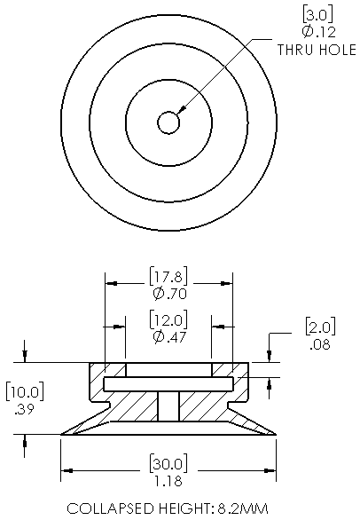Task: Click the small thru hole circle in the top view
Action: (x=168, y=122)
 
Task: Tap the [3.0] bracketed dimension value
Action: (x=317, y=15)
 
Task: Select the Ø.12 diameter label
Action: (x=319, y=32)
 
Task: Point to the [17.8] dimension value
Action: (x=168, y=276)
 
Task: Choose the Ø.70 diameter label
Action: (x=170, y=294)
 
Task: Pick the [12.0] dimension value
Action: (x=168, y=319)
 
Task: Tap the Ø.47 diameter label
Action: (x=170, y=337)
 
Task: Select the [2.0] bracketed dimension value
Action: (x=320, y=327)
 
